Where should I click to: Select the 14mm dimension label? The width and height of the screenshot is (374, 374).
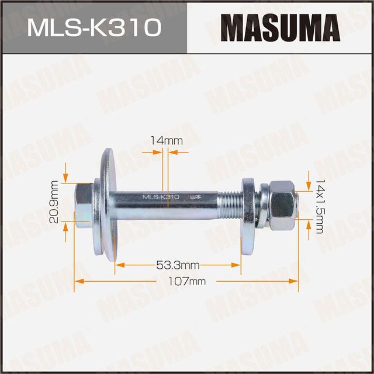pyautogui.click(x=166, y=141)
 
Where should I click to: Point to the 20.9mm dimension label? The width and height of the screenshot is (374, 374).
pyautogui.click(x=53, y=202)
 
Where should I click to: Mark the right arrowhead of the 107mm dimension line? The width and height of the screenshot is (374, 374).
pyautogui.click(x=296, y=281)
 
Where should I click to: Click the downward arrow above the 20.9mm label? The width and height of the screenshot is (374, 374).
pyautogui.click(x=65, y=178)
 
